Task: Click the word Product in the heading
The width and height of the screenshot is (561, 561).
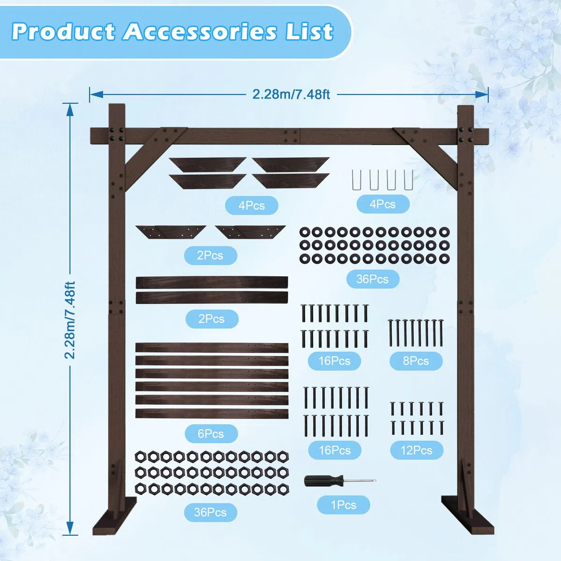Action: [x=63, y=31]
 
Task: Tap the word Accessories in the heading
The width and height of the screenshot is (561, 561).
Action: [x=200, y=31]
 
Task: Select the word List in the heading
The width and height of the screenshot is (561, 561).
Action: [x=309, y=31]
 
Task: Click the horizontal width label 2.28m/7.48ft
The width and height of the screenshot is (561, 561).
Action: [x=291, y=94]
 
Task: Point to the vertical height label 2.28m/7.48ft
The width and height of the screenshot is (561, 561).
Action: [x=70, y=320]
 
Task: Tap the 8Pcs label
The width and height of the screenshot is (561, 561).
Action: [x=416, y=361]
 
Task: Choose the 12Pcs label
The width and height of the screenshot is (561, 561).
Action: [x=417, y=450]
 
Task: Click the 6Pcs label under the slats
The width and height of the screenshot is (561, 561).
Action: [x=211, y=433]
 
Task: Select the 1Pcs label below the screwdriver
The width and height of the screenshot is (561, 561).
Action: [x=344, y=505]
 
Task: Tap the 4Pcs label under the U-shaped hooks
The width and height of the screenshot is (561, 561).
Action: [x=382, y=204]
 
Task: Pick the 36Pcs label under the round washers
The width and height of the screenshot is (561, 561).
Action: [x=372, y=279]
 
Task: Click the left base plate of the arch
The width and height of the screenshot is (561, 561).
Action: [x=115, y=515]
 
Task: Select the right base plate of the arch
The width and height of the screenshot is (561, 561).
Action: [x=467, y=515]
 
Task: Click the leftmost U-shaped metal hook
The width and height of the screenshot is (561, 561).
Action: [x=356, y=180]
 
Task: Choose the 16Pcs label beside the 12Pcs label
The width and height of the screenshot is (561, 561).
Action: [x=335, y=450]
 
